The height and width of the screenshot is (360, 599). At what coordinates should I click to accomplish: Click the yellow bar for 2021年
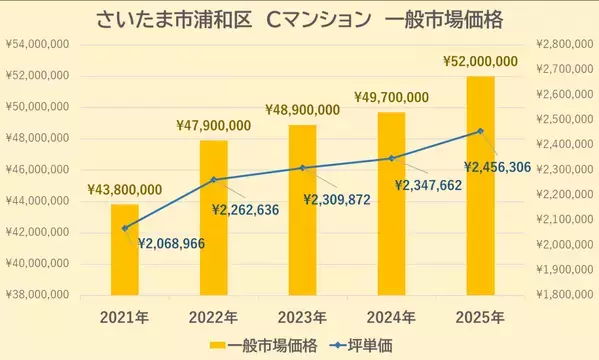pos(125,250)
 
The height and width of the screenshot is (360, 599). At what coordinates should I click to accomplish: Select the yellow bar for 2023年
pos(303,210)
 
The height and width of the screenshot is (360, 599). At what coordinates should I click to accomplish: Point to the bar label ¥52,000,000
pos(481,62)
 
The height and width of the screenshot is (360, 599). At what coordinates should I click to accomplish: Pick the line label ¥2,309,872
pos(337,200)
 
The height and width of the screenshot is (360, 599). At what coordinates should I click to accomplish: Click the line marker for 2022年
pos(213,180)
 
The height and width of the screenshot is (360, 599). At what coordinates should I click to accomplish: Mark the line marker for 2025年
pos(480,131)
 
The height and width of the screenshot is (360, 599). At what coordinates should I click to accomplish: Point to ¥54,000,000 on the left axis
pos(36,45)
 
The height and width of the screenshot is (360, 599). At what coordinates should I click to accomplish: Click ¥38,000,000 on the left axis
pos(36,296)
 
